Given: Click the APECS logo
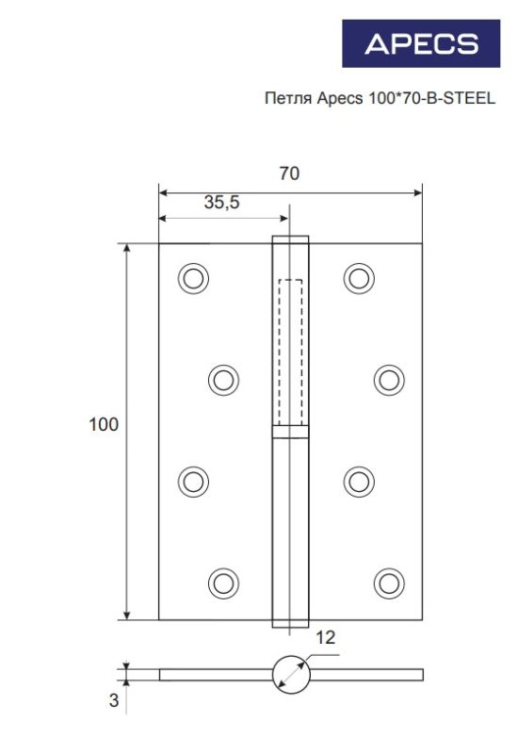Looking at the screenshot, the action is tap(421, 43).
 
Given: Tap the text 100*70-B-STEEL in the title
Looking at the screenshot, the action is tap(431, 98).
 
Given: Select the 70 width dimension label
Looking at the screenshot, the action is tap(289, 173).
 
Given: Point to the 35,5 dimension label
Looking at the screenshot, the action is tap(221, 202).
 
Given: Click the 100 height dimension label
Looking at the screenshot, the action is tap(104, 424).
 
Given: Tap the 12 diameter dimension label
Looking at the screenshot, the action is tap(325, 638).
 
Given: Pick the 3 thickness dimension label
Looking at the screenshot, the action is tap(113, 700).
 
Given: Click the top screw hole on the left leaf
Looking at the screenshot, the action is tap(193, 278).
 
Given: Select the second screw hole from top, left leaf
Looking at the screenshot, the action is tap(223, 380).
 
